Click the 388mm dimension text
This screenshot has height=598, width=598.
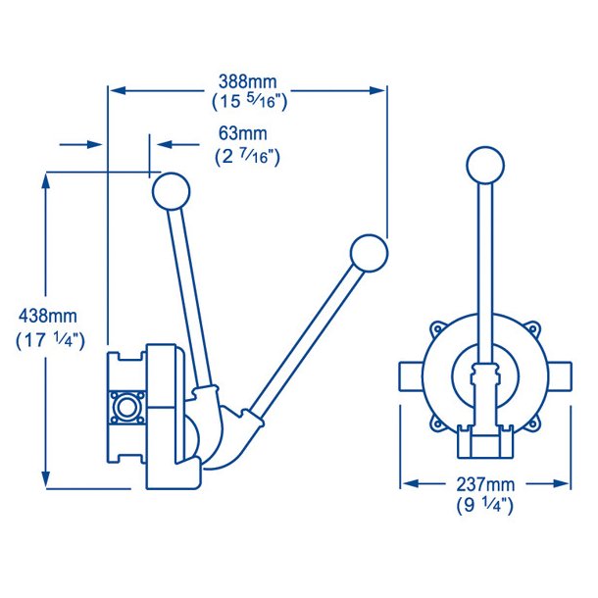(x=247, y=81)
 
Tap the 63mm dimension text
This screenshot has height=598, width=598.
(x=243, y=133)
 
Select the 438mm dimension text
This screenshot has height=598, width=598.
(x=48, y=317)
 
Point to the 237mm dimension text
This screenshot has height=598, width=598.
(x=485, y=484)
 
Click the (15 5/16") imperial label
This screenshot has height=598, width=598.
(x=249, y=102)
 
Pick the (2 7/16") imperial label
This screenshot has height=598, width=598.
(x=247, y=156)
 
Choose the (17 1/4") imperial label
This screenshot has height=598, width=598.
(x=50, y=340)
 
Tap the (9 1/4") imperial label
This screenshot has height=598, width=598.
(x=485, y=506)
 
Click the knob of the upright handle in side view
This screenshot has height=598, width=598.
(x=172, y=191)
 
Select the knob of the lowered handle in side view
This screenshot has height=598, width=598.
(x=369, y=254)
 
